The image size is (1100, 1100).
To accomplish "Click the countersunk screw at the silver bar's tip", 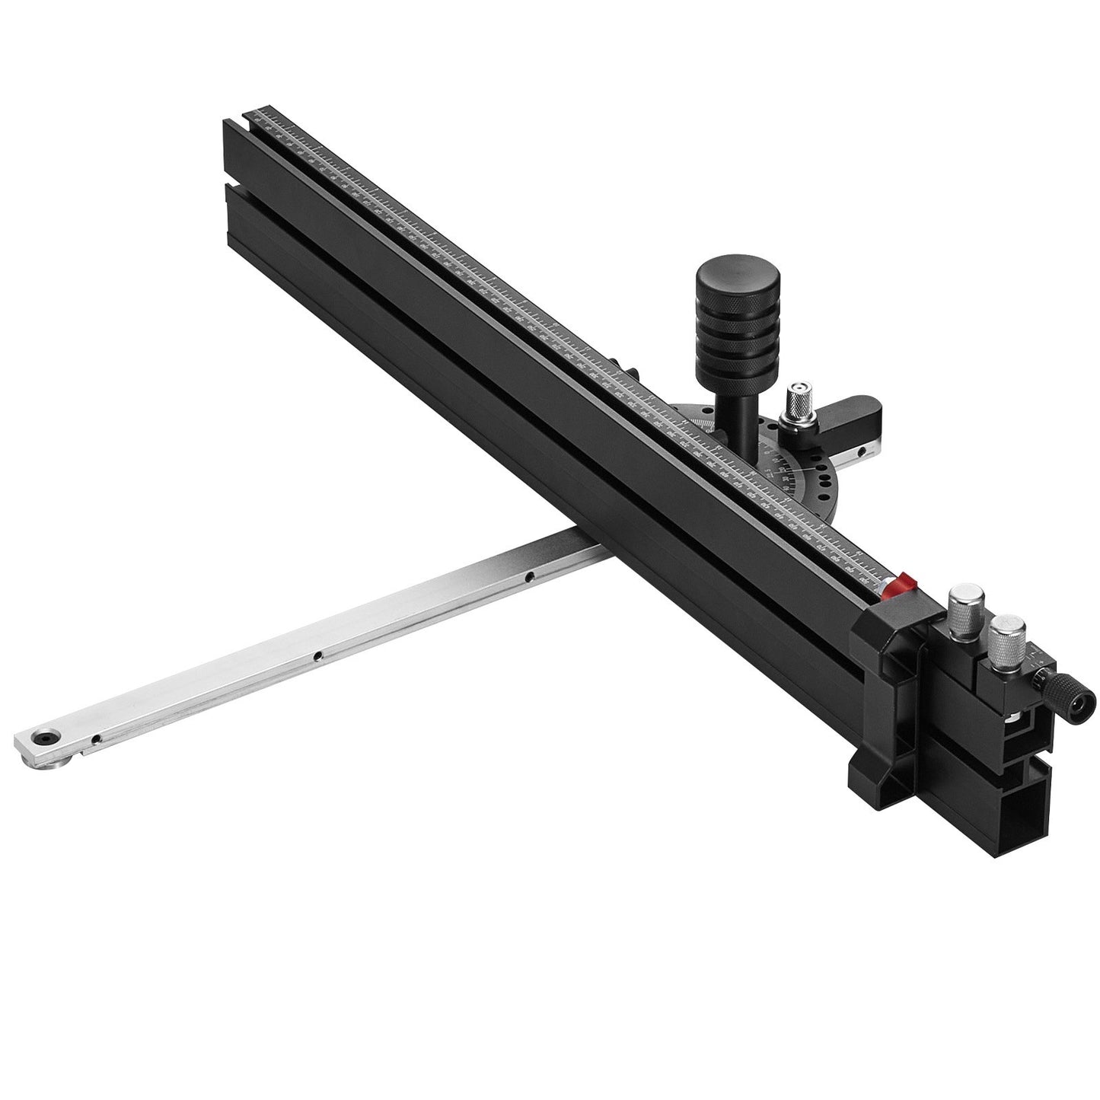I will [x=43, y=738].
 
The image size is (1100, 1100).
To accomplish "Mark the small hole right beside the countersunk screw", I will [x=94, y=738].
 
